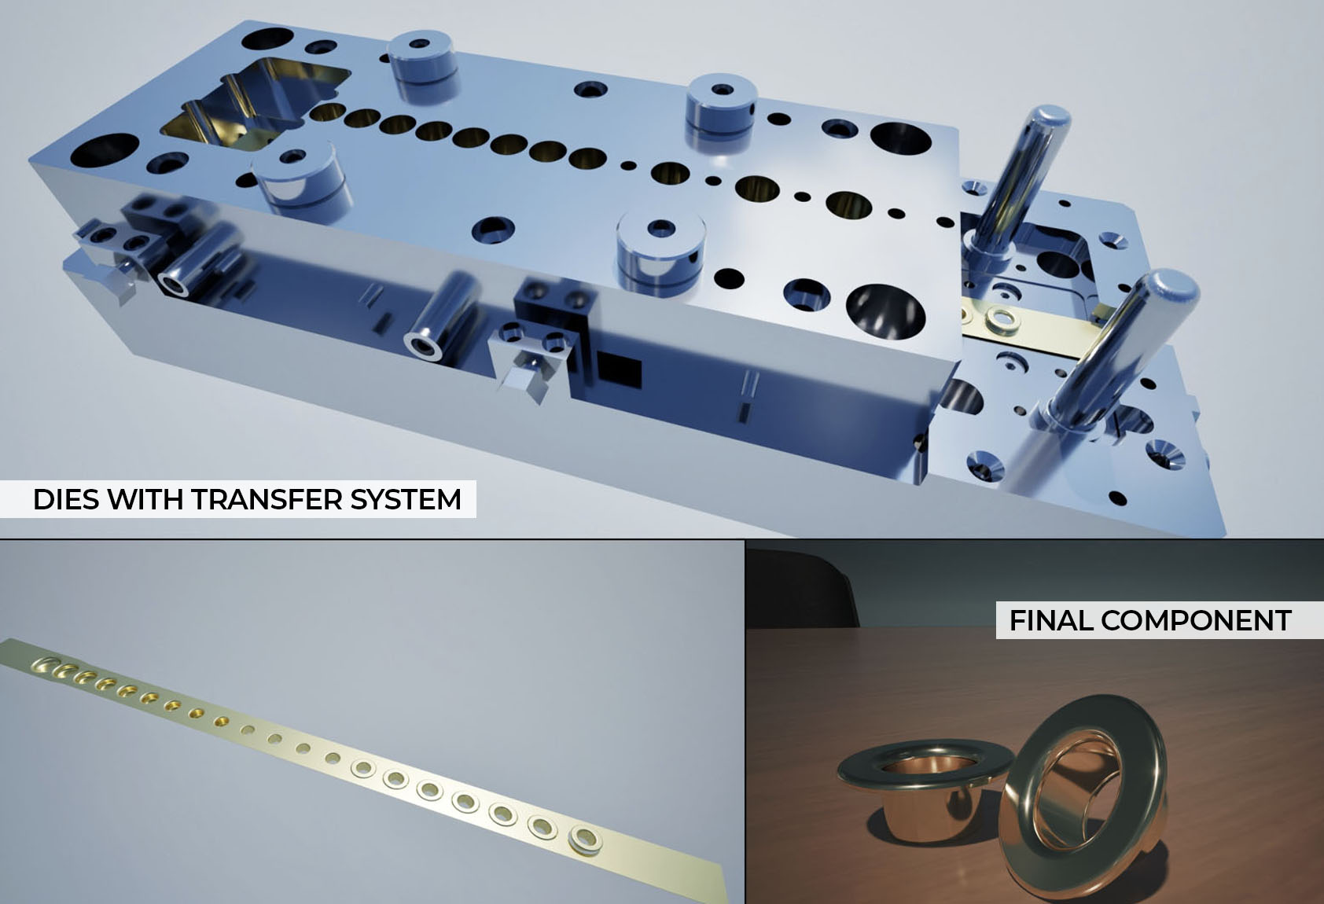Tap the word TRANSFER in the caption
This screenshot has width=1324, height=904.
click(266, 499)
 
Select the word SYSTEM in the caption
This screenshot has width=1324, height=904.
click(406, 499)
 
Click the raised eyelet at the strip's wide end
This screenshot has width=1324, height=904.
click(585, 839)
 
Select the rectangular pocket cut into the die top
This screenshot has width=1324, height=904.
click(254, 105)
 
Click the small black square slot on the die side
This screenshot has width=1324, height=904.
click(619, 370)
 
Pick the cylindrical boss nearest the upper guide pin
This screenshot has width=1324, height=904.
click(722, 109)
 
